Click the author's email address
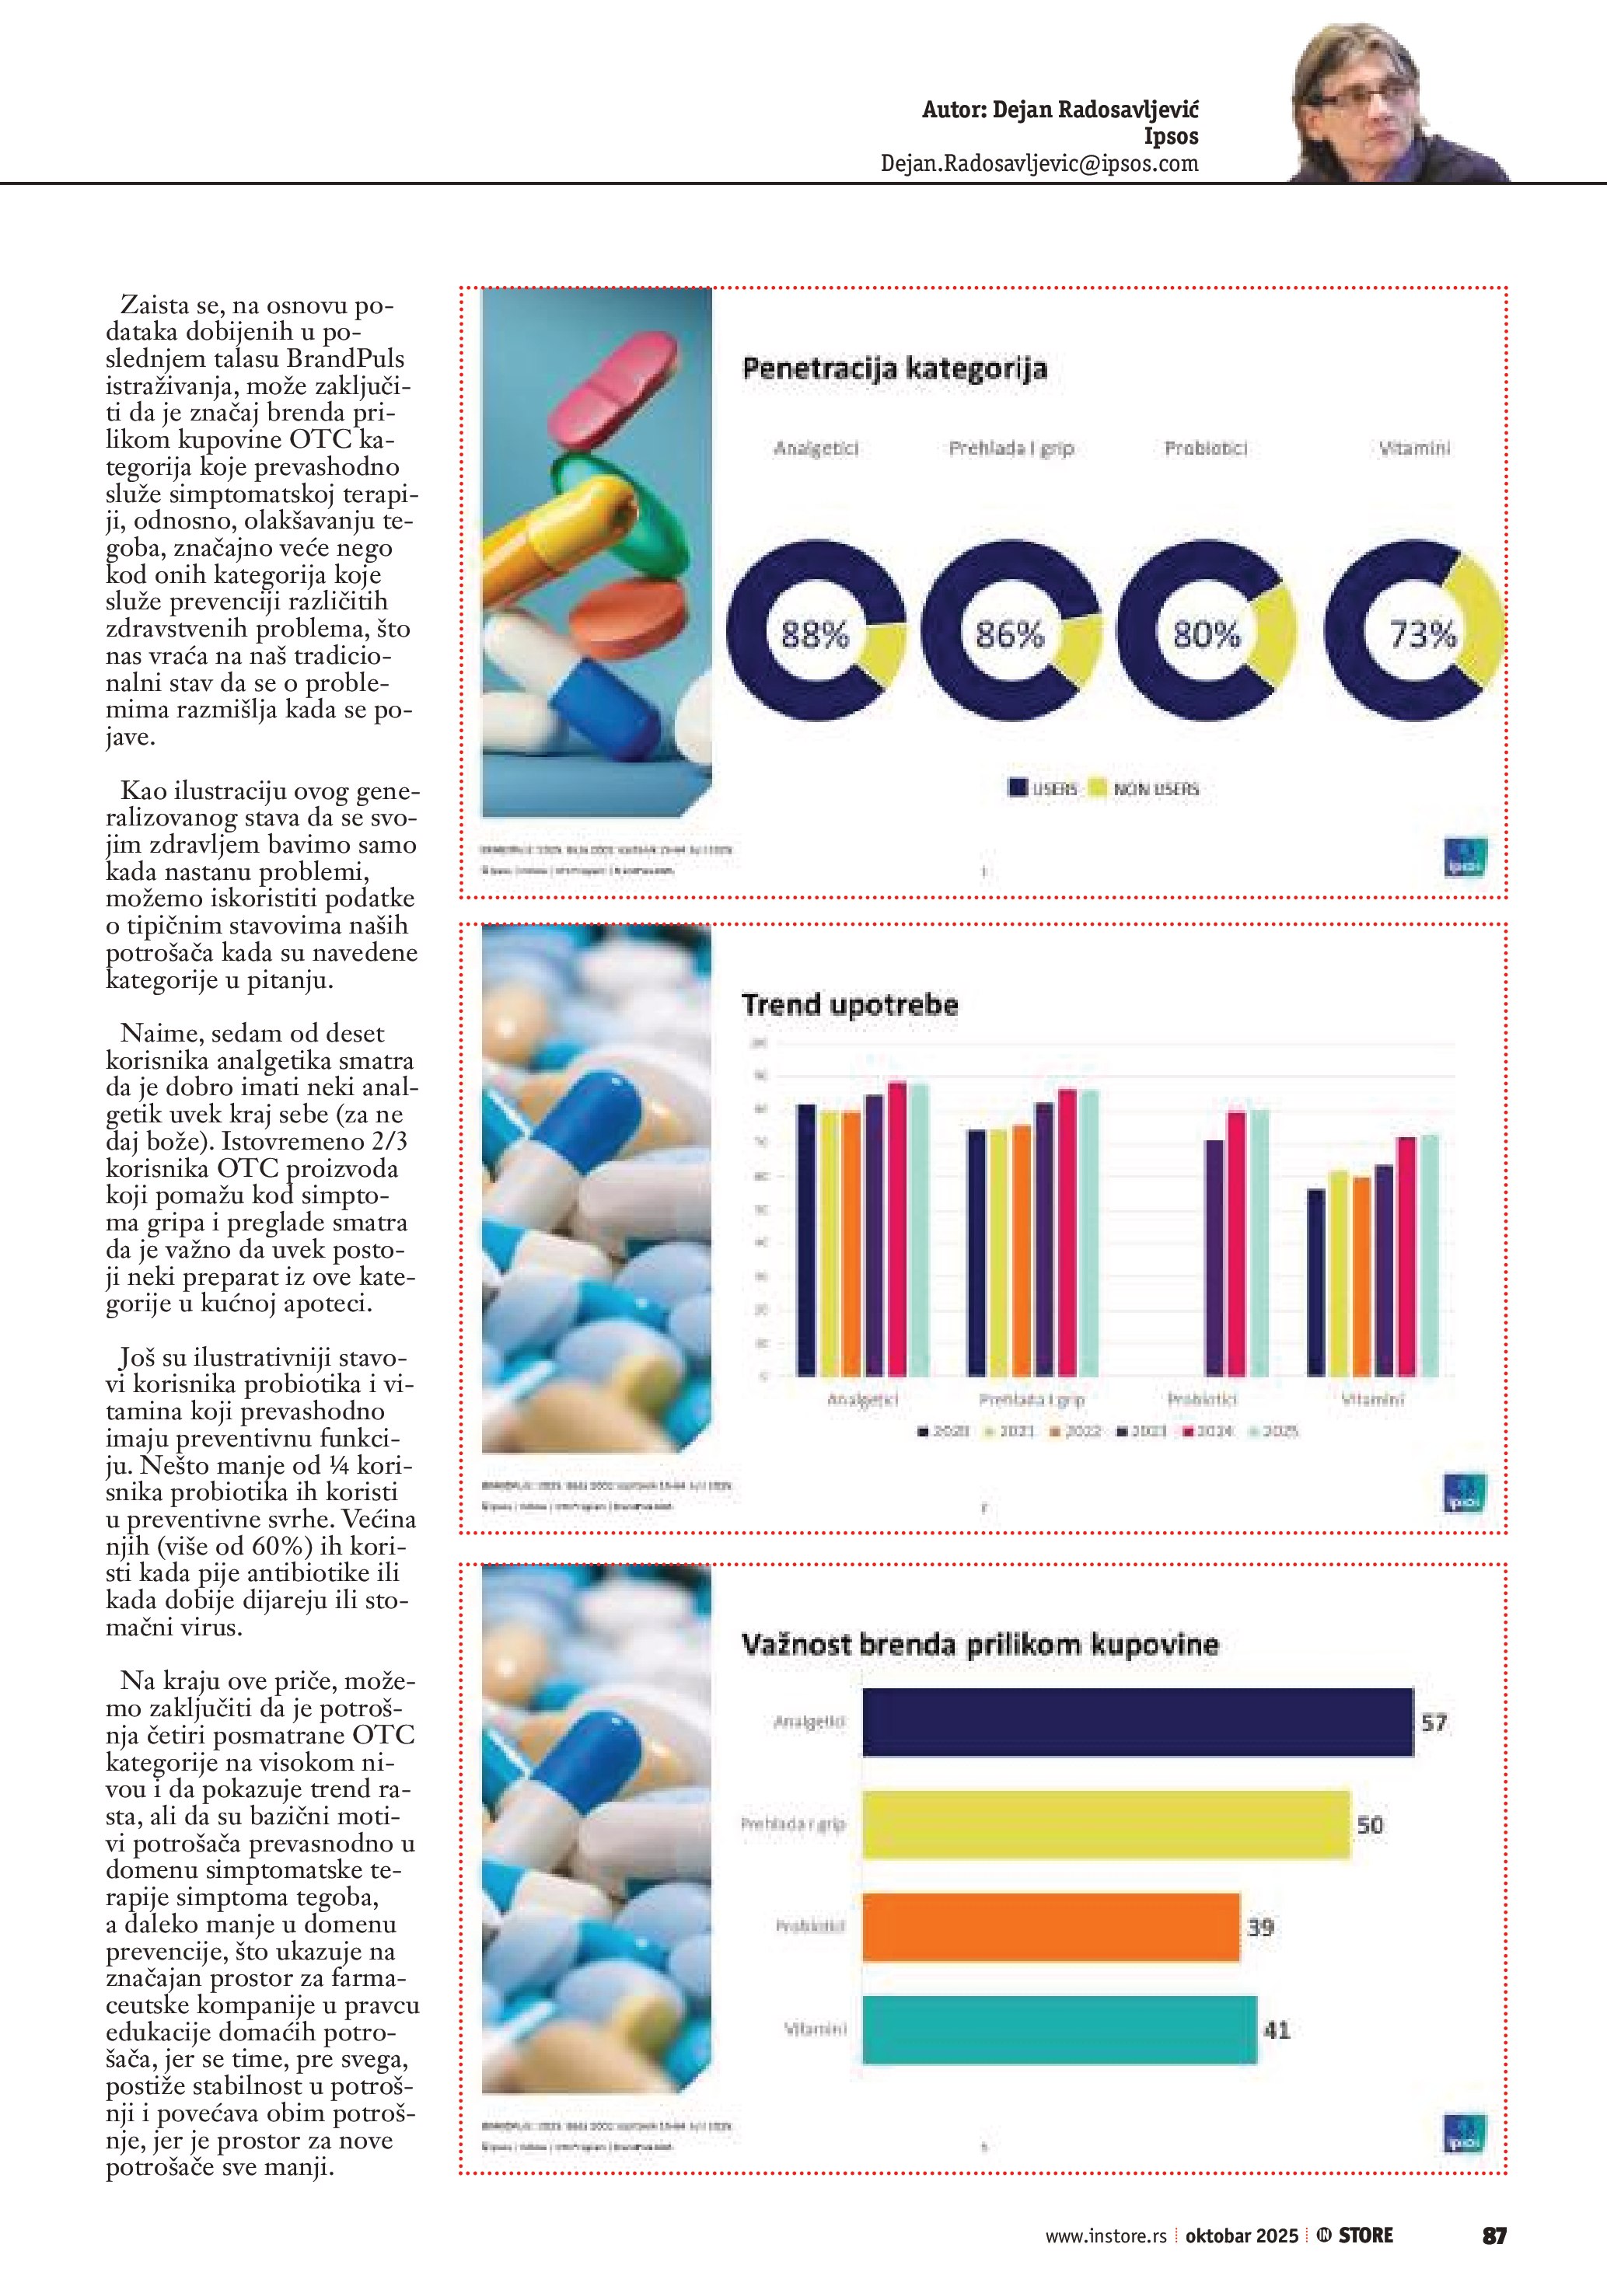[1039, 163]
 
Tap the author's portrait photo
[1396, 105]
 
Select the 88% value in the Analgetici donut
[815, 633]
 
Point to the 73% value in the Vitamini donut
[1422, 633]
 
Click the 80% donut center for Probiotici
[1207, 633]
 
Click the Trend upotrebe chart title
[850, 1005]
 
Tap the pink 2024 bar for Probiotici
[1236, 1244]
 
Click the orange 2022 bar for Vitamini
[1361, 1276]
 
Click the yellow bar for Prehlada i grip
[1106, 1825]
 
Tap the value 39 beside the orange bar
[1259, 1928]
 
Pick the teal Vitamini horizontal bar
[1059, 2030]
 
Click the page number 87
[1494, 2235]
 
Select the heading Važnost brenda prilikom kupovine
[980, 1646]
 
